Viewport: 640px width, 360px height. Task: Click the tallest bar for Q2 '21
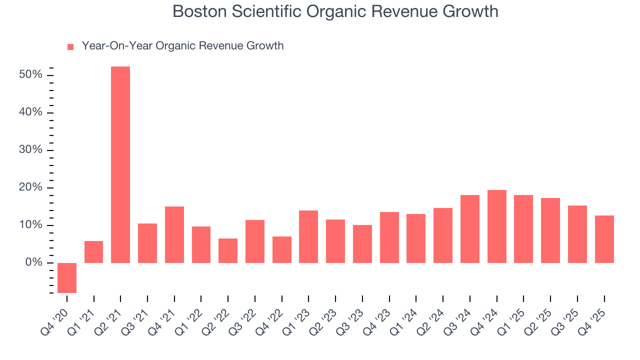(120, 164)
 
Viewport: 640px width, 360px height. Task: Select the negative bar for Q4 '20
(67, 277)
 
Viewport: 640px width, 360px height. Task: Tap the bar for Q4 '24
(496, 226)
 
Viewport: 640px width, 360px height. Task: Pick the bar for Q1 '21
(93, 252)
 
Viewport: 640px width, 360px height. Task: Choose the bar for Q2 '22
(228, 250)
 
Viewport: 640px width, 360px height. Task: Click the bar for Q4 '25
(604, 239)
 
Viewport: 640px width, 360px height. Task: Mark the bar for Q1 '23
(308, 236)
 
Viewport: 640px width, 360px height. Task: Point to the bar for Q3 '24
(470, 229)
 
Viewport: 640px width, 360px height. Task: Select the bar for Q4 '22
(281, 249)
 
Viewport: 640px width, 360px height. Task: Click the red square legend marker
(70, 46)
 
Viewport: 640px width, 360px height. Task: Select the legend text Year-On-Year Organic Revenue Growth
(182, 46)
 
